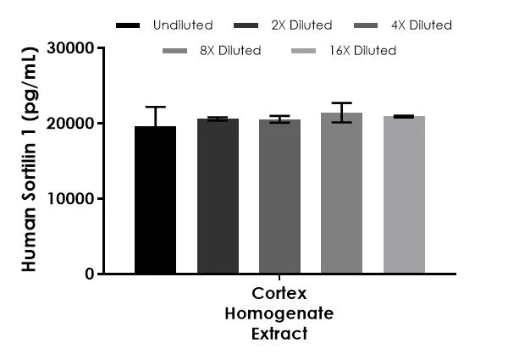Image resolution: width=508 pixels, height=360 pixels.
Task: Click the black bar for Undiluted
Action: click(x=155, y=200)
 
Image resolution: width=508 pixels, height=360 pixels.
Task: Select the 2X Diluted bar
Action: click(x=218, y=197)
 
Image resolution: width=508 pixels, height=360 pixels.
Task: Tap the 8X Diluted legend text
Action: click(x=230, y=51)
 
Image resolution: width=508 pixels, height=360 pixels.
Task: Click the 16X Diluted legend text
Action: click(x=364, y=51)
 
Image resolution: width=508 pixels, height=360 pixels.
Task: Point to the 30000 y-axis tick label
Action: click(x=71, y=48)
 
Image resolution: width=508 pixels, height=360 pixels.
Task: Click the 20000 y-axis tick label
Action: click(x=71, y=124)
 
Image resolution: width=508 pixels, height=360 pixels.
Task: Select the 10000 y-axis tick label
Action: click(x=71, y=199)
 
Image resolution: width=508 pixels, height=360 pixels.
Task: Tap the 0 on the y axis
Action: click(x=88, y=274)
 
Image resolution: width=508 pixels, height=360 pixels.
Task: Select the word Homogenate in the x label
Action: click(x=279, y=313)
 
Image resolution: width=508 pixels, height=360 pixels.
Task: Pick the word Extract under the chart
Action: click(x=279, y=334)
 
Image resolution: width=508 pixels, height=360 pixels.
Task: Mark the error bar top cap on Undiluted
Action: click(x=155, y=107)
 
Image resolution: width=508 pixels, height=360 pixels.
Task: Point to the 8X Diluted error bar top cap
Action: click(x=341, y=102)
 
